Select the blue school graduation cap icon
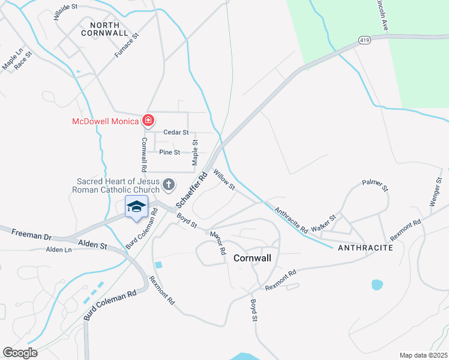[136, 207]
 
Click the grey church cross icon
[169, 184]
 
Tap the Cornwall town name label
[252, 258]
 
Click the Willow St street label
[224, 180]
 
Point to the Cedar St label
[177, 132]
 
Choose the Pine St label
[169, 152]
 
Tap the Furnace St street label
[127, 46]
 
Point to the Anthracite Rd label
[291, 220]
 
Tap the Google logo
[20, 353]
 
